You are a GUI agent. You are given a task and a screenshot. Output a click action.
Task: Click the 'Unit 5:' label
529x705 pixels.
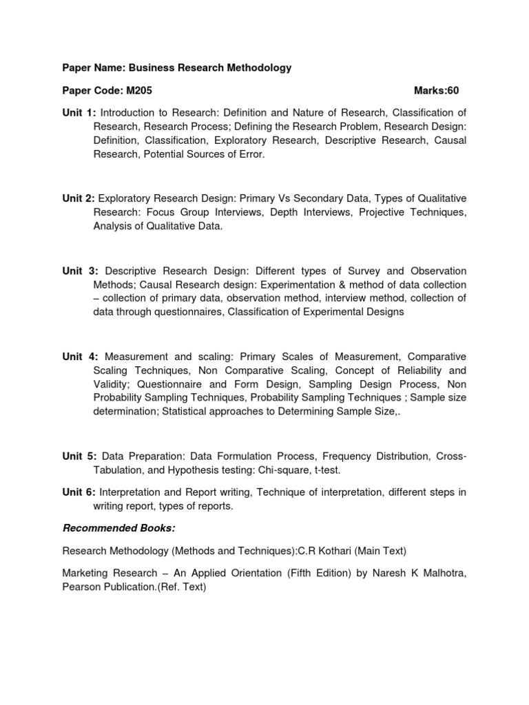pos(80,457)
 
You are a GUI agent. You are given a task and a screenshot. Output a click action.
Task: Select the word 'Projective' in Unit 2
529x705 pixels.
pos(382,212)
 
